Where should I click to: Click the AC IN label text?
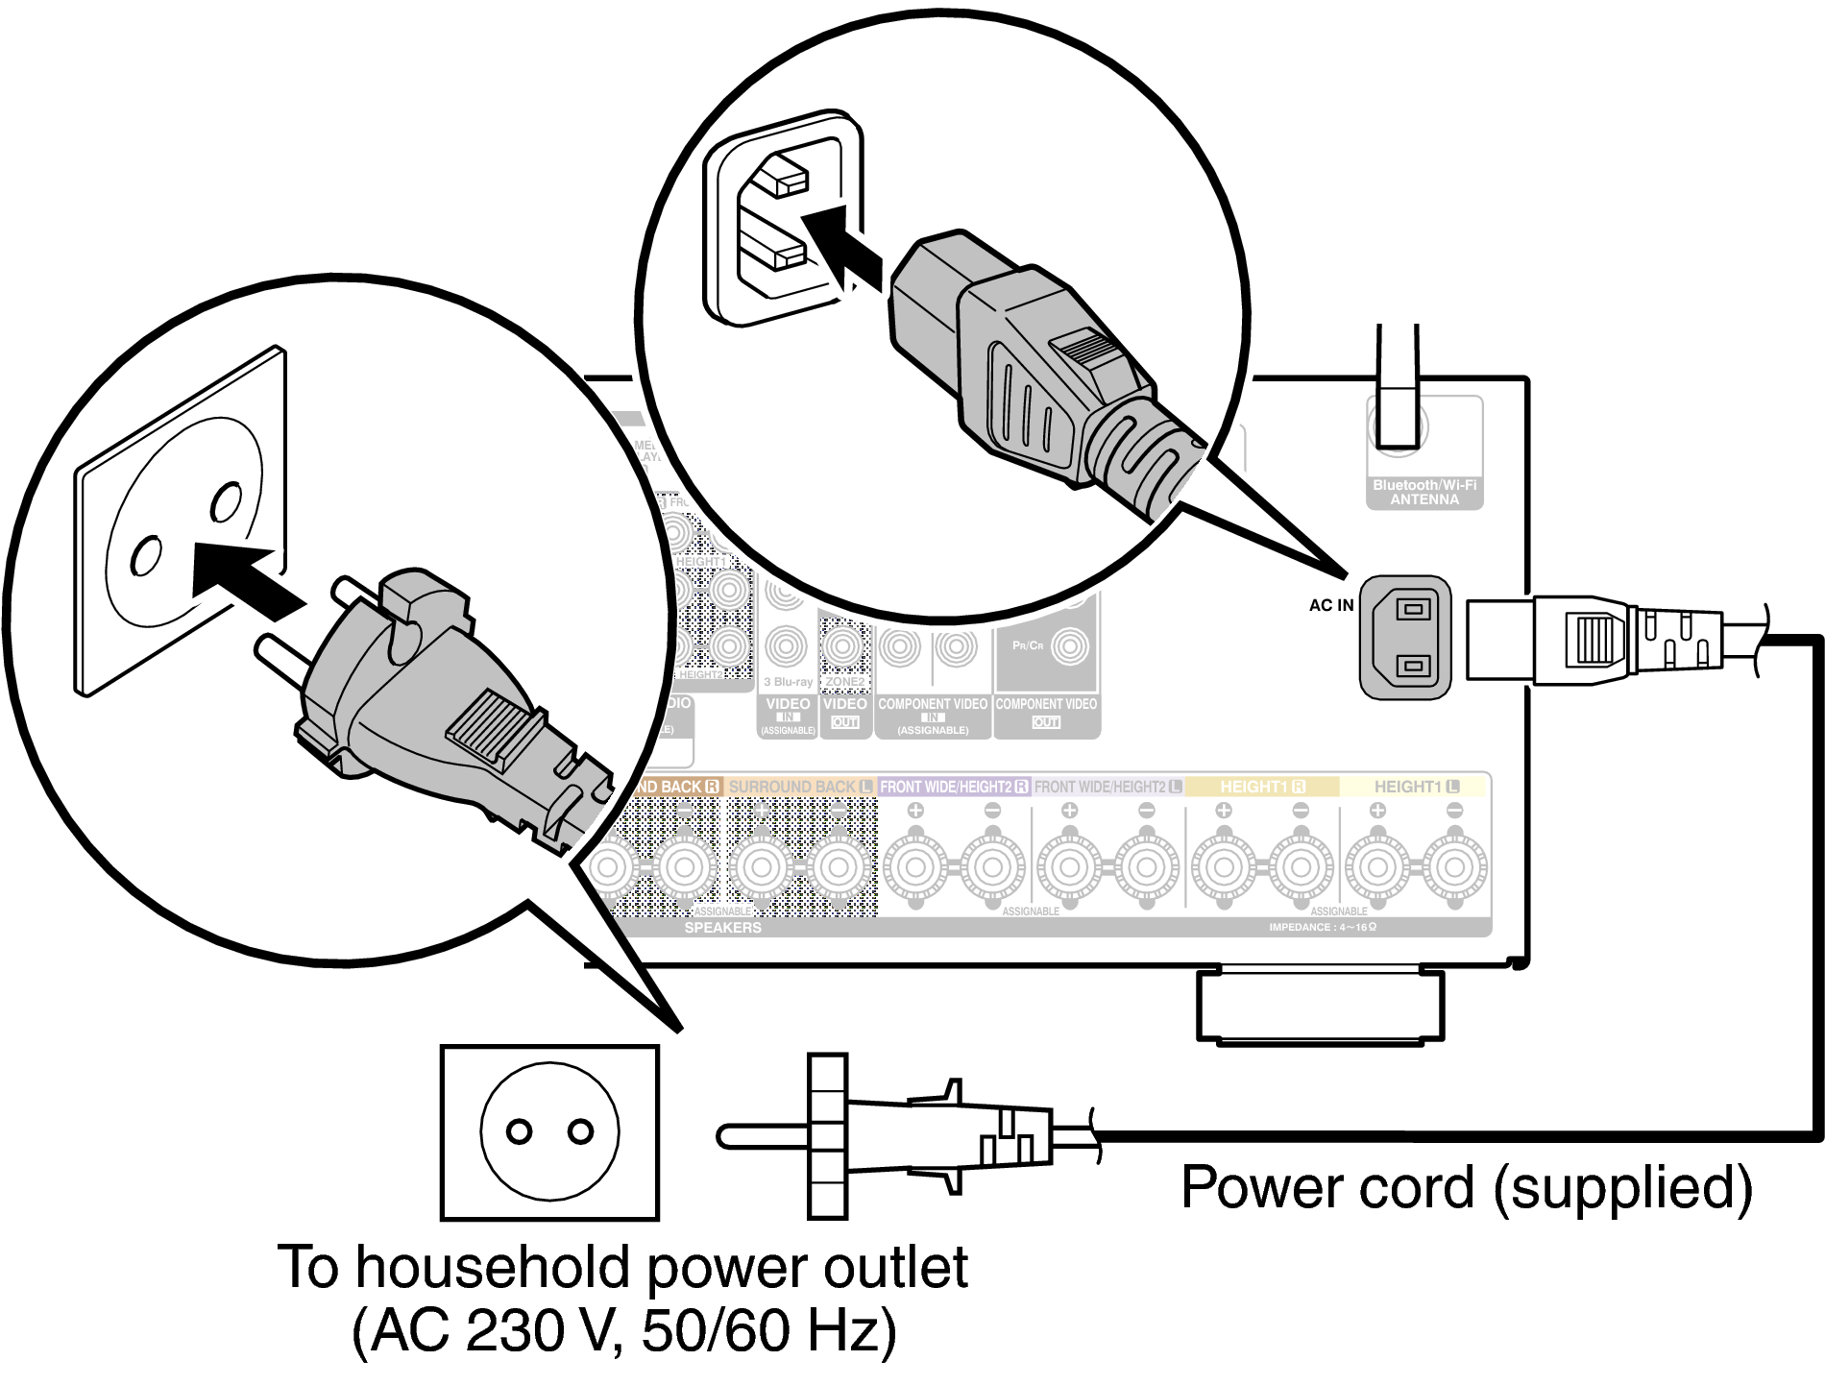1330,605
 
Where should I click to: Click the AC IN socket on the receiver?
1404,638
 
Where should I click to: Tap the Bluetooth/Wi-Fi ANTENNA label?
1424,493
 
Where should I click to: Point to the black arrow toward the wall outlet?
244,577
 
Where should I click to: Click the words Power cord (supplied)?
1466,1187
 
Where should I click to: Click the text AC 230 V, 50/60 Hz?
624,1331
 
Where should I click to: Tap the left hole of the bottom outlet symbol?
519,1131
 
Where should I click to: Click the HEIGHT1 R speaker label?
1261,787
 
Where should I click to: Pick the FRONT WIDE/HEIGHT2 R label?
953,787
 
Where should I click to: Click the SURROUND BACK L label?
799,787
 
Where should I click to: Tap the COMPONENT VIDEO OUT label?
1046,712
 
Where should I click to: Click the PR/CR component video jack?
1069,646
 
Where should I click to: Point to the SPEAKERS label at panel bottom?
722,928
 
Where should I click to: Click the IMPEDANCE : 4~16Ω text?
1322,928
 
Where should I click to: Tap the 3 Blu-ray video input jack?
786,646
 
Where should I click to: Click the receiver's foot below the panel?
1320,1007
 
